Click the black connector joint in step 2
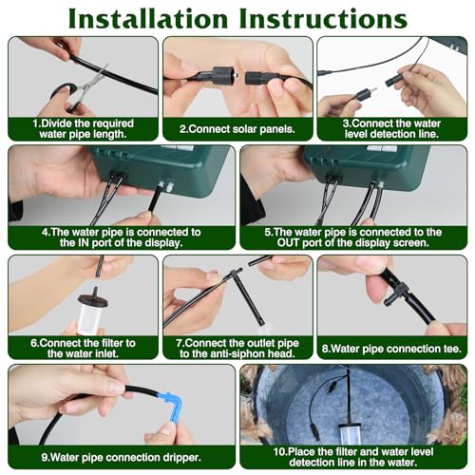(x=226, y=72)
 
